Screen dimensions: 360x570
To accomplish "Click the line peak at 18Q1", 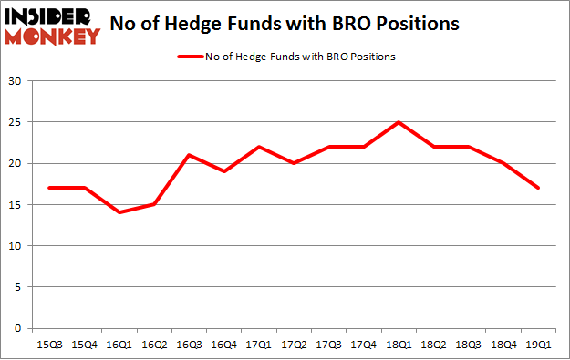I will pos(399,122).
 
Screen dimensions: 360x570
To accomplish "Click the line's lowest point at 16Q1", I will pos(119,212).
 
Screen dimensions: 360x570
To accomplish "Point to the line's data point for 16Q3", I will pos(189,155).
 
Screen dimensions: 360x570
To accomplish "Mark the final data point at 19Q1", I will pos(538,188).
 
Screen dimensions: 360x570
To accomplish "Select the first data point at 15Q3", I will pos(49,188).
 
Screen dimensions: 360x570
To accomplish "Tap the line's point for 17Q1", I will pos(259,147).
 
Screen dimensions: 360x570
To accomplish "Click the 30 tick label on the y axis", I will pos(16,81).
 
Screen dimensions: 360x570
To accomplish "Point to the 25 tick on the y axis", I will pos(16,122).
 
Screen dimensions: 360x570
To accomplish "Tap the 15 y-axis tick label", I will pos(16,205).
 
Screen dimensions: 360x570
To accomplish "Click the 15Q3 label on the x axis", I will pos(49,345).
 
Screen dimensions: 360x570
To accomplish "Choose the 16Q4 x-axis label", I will pos(224,345).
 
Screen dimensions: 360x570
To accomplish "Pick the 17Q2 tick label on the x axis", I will pos(294,345).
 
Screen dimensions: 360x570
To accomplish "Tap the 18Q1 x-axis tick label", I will pos(399,345).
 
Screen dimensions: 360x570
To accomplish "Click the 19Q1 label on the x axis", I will pos(538,345).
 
